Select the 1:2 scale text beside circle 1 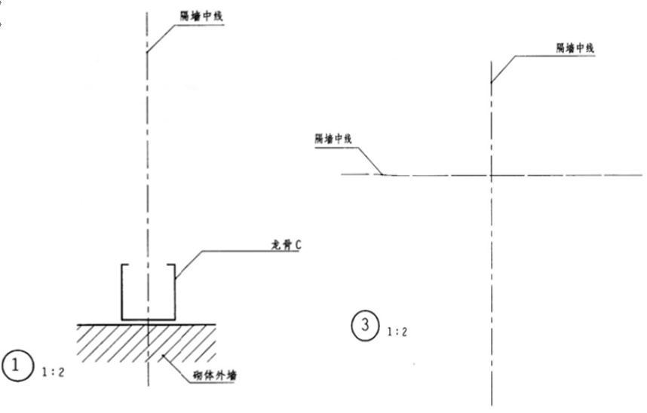tap(54, 372)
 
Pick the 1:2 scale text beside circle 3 tap(397, 330)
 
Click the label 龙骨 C tap(285, 245)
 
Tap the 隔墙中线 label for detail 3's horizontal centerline tap(333, 139)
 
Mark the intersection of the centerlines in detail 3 tap(491, 175)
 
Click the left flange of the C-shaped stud tap(122, 292)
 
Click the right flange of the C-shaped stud tap(176, 292)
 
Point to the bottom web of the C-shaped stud tap(149, 318)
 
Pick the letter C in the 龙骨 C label tap(299, 245)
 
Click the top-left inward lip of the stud tap(126, 265)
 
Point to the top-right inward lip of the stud tap(171, 265)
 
